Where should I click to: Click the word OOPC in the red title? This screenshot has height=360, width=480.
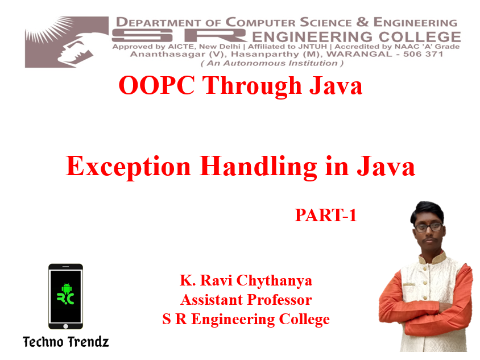click(x=156, y=85)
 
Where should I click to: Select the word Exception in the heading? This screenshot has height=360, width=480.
click(x=129, y=167)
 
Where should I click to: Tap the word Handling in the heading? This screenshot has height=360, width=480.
click(x=258, y=167)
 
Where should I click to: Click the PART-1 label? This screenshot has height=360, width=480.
click(x=326, y=215)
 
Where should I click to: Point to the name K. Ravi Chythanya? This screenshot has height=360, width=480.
click(x=246, y=281)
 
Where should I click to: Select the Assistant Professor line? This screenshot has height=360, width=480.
click(x=246, y=300)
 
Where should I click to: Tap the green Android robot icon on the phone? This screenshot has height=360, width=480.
click(x=67, y=288)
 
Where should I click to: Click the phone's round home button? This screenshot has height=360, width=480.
click(x=65, y=326)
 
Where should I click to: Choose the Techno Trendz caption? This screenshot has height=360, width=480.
click(x=66, y=342)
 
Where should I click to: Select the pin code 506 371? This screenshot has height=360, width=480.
click(x=423, y=54)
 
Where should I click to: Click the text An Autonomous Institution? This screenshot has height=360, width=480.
click(x=272, y=63)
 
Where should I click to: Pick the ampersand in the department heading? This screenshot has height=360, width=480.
click(x=362, y=22)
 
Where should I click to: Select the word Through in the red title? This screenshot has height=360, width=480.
click(x=253, y=86)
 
